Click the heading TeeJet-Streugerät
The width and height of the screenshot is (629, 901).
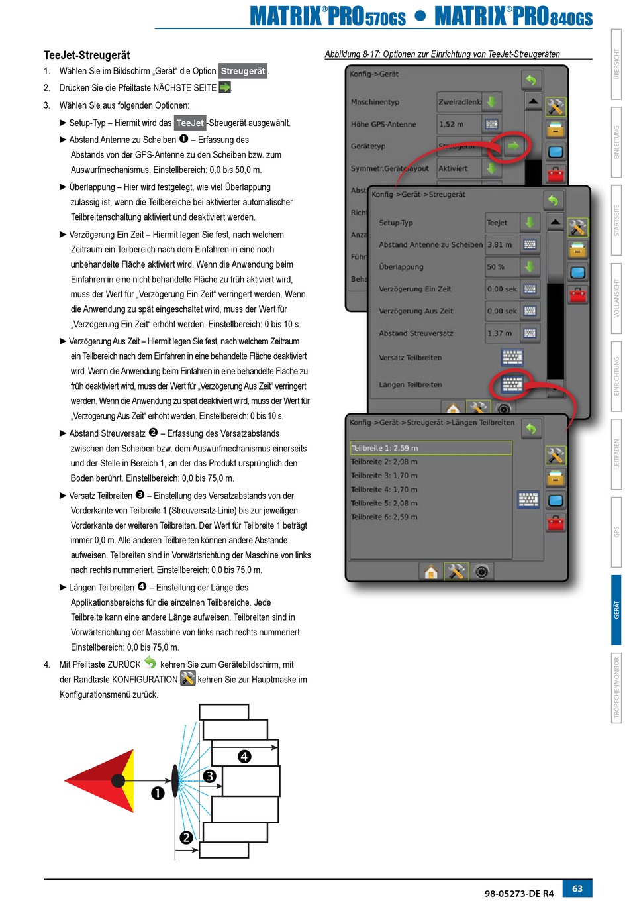point(87,55)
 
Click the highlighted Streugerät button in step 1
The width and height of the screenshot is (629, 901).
point(243,71)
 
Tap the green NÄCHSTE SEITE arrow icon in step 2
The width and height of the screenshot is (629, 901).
point(225,87)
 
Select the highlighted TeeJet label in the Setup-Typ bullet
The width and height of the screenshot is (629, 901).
point(190,123)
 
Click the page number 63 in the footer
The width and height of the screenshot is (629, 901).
point(577,888)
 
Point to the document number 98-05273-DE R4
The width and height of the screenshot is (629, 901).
point(518,893)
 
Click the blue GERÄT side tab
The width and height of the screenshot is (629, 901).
point(616,609)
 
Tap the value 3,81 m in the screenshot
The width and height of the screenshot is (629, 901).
point(500,244)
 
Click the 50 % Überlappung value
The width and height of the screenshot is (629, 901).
point(497,267)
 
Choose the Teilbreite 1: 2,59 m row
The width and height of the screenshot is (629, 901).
point(430,448)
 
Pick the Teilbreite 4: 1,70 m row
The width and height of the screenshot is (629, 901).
point(385,490)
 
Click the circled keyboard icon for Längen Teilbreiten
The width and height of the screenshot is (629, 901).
point(512,384)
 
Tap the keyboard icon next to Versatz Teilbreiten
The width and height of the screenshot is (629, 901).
point(512,358)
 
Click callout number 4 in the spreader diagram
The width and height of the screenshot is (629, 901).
point(244,756)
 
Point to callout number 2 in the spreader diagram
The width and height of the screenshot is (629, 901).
point(186,837)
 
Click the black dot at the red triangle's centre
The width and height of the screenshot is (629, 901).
point(119,780)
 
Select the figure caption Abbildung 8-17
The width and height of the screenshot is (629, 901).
point(442,54)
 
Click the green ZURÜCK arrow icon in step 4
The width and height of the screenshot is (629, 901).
point(150,662)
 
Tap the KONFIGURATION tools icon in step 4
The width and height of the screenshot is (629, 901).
point(188,678)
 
